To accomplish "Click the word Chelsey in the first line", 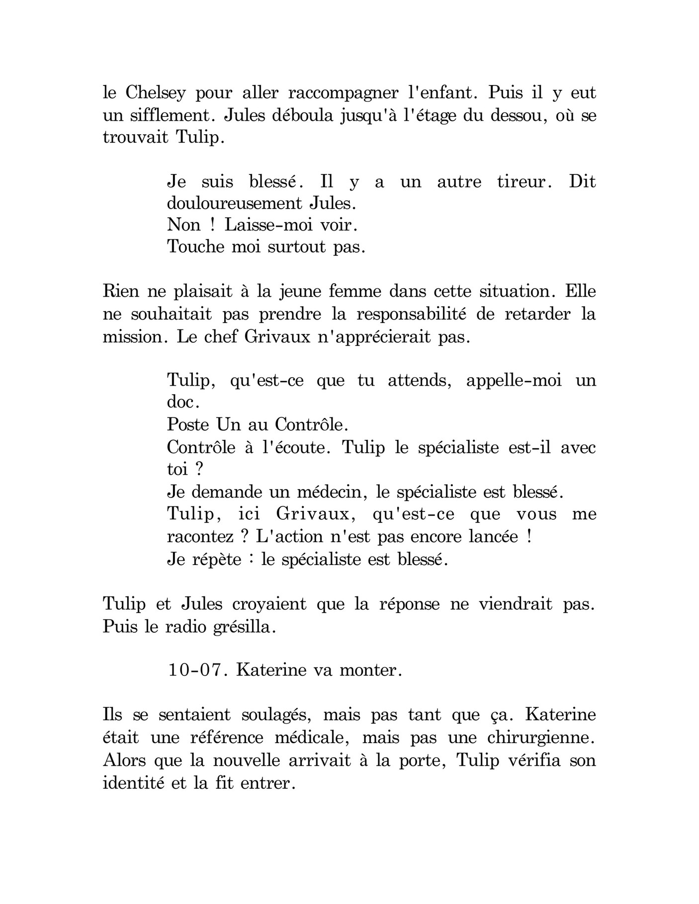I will tap(156, 93).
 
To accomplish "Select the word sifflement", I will tap(171, 115).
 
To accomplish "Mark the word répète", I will tap(212, 560).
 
